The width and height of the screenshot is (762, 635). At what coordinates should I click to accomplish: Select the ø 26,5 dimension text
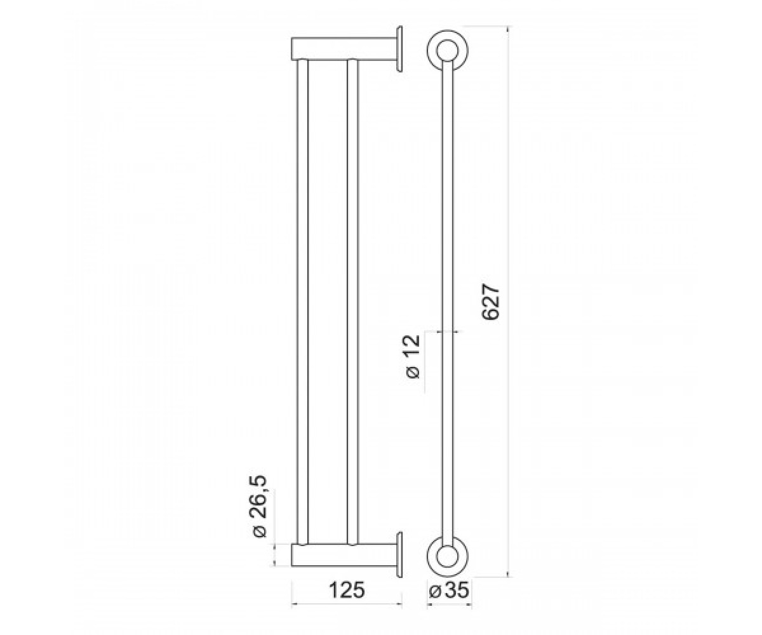[260, 507]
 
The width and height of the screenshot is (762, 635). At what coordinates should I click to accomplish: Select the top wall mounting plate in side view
[399, 50]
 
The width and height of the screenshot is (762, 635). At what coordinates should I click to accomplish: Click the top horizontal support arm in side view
[344, 48]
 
